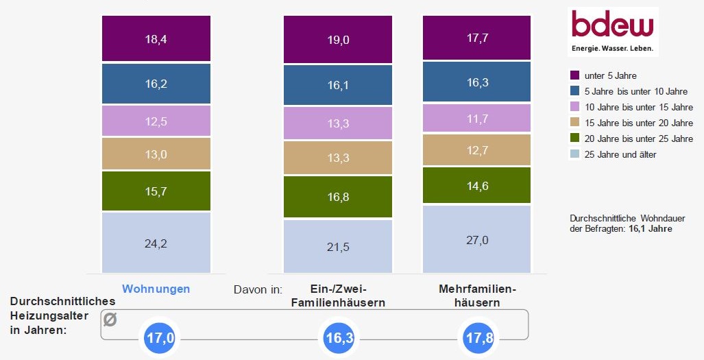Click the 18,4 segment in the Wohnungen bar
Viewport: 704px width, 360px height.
(156, 38)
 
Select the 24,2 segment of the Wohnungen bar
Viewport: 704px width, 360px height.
(156, 242)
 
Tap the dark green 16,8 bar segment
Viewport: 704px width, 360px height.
(337, 197)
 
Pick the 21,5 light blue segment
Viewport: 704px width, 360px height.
(337, 246)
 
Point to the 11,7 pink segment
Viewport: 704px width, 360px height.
(476, 118)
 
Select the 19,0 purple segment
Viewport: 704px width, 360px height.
(337, 40)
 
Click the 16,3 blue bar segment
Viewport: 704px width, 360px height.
(476, 81)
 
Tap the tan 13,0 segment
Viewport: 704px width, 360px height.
(156, 154)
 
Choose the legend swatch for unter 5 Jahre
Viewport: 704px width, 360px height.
(575, 75)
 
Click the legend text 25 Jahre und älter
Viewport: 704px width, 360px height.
(620, 154)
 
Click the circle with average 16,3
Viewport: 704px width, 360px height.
(339, 338)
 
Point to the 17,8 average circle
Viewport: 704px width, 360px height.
(478, 338)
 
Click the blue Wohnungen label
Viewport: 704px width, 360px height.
(156, 289)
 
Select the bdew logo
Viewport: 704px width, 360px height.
(613, 32)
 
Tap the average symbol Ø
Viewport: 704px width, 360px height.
(110, 320)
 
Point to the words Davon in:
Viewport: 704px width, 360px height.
(258, 289)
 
